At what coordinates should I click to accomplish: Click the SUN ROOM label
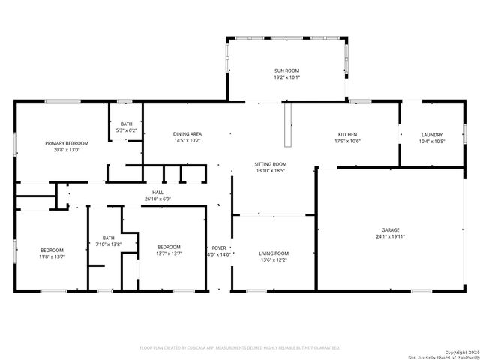click(x=286, y=70)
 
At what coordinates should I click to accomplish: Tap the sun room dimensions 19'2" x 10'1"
click(x=286, y=76)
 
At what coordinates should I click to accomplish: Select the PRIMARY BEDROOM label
click(x=67, y=143)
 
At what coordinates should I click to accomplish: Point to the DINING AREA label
click(x=187, y=134)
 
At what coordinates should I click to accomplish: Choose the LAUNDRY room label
click(x=431, y=134)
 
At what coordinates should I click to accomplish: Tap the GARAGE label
click(x=389, y=229)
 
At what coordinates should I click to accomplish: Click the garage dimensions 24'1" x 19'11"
click(x=389, y=236)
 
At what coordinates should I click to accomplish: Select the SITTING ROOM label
click(x=271, y=163)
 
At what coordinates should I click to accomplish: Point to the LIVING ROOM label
click(x=274, y=253)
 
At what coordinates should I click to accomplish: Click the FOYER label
click(x=219, y=247)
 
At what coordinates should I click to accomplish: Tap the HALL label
click(x=157, y=193)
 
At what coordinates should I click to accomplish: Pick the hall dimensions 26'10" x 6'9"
click(x=157, y=199)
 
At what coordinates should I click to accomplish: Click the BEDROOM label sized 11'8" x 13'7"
click(x=52, y=250)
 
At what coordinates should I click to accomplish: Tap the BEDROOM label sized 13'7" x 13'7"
click(x=169, y=247)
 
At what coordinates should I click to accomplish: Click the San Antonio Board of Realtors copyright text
click(x=439, y=355)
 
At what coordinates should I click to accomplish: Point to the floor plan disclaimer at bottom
click(x=240, y=347)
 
